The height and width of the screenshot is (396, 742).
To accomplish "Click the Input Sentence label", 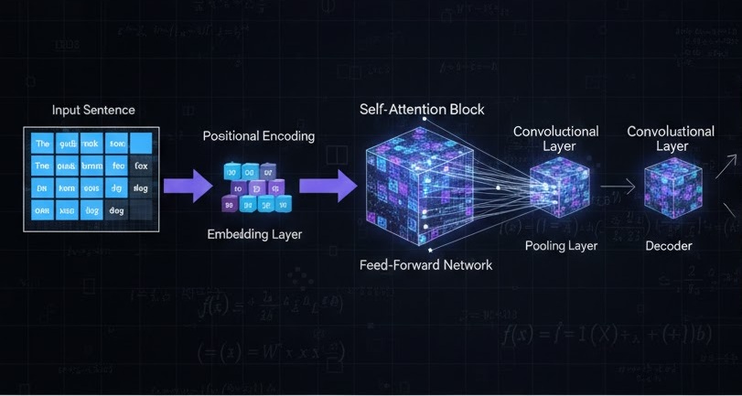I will point(93,110).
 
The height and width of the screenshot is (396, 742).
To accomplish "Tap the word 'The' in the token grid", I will point(42,144).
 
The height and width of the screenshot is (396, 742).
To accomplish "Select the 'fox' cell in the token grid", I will point(141,166).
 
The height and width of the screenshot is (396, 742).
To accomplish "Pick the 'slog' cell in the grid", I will point(141,187).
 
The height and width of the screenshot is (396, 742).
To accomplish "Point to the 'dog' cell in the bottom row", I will point(116,209).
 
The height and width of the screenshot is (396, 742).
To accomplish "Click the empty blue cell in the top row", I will point(141,144).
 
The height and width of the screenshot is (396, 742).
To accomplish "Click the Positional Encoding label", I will point(258,136).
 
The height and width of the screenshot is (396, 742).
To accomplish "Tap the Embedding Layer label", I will point(254,234).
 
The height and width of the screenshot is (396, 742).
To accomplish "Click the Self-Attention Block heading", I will point(423,110).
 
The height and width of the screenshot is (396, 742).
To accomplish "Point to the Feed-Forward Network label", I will point(426,265).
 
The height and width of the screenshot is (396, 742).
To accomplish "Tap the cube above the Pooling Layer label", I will point(558,187).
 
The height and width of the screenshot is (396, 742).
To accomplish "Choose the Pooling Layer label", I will point(561,245).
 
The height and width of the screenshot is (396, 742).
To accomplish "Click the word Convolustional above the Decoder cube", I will point(672,132).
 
